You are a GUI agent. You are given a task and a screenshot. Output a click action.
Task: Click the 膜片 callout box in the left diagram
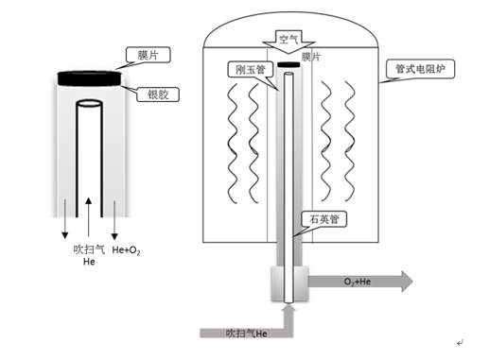click(x=148, y=55)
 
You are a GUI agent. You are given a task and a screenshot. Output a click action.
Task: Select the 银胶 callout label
click(x=158, y=94)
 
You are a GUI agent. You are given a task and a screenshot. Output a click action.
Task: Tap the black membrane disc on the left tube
click(x=89, y=78)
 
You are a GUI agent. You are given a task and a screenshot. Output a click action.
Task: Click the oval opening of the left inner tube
click(x=90, y=103)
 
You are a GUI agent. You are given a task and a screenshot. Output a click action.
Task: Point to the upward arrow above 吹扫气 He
click(x=89, y=216)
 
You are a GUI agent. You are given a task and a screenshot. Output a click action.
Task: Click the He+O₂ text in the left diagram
click(x=126, y=250)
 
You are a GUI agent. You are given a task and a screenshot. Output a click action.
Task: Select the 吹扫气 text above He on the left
click(x=89, y=249)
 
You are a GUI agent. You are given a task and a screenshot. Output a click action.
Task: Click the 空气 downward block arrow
click(x=288, y=42)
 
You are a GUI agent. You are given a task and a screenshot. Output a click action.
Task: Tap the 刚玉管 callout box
click(x=251, y=69)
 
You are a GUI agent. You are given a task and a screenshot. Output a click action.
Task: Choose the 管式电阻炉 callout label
click(x=420, y=69)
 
